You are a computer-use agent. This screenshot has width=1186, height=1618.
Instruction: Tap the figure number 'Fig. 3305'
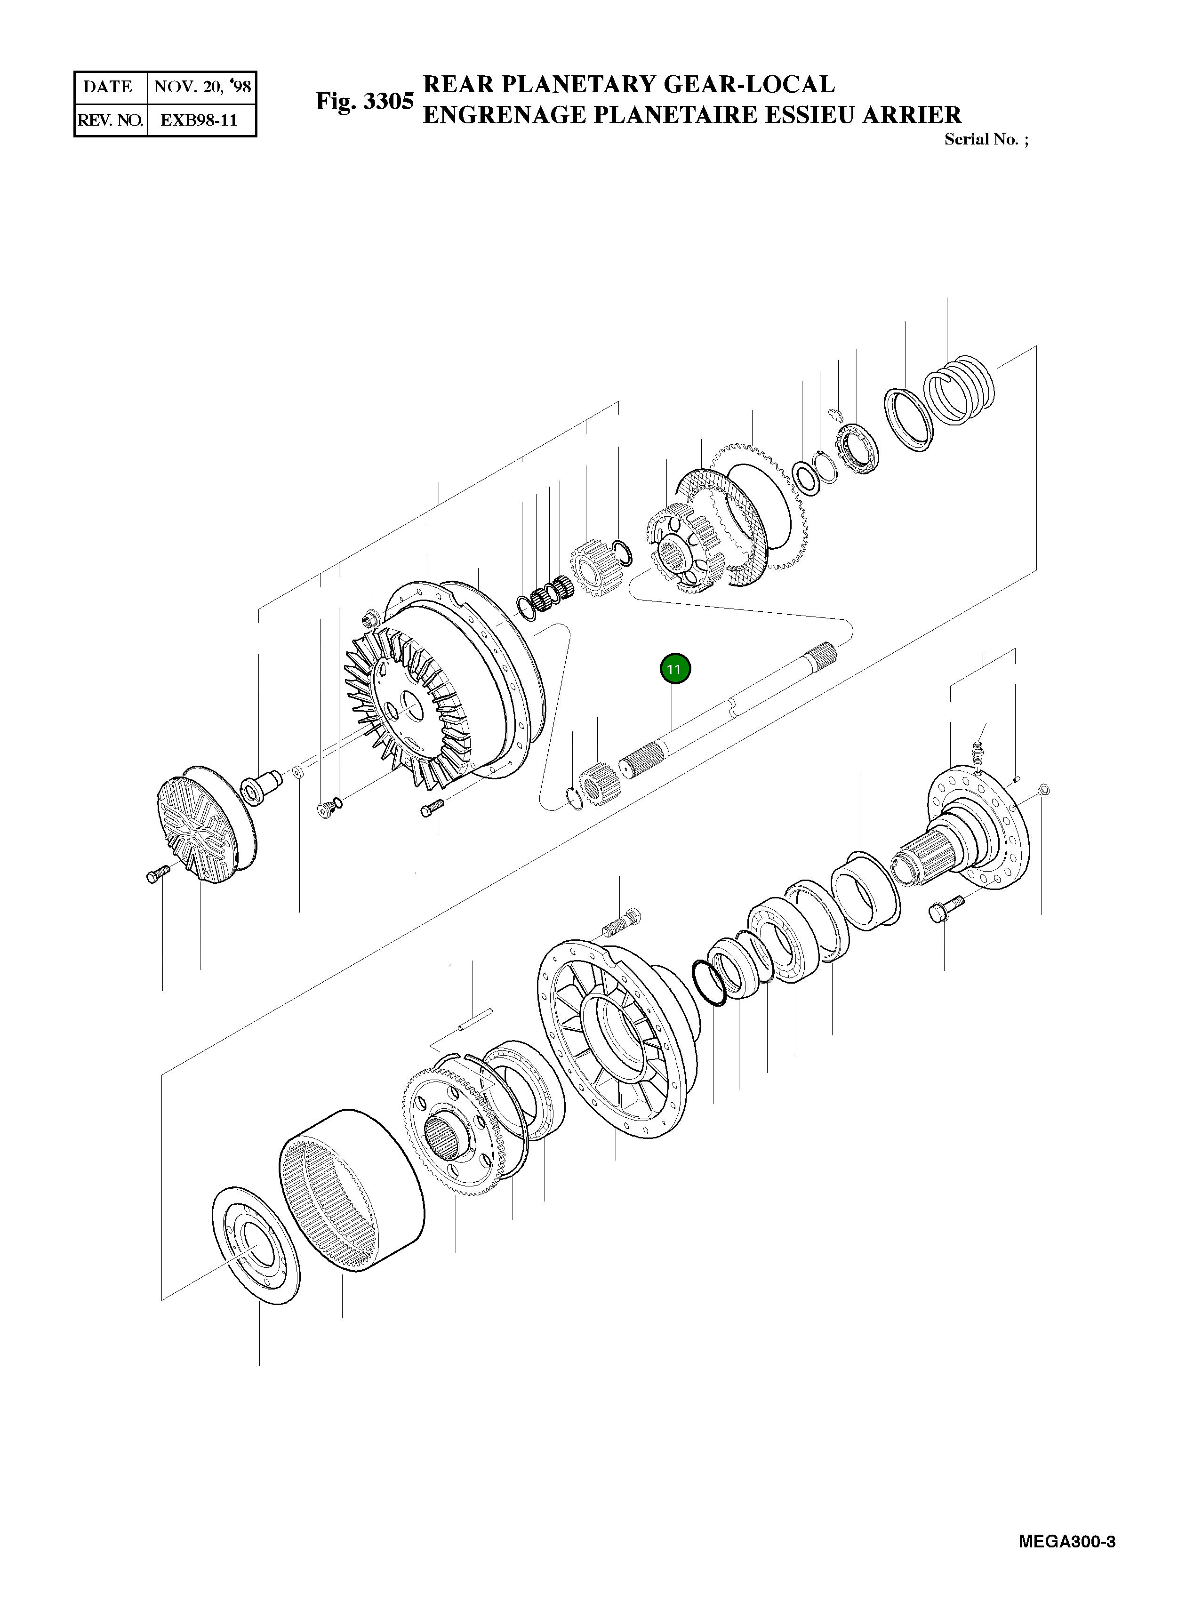365,101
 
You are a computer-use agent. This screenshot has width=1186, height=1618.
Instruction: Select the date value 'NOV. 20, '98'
202,88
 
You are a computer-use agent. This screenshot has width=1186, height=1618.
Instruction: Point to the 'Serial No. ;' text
986,139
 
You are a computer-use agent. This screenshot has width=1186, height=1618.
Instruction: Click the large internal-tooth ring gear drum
350,1193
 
